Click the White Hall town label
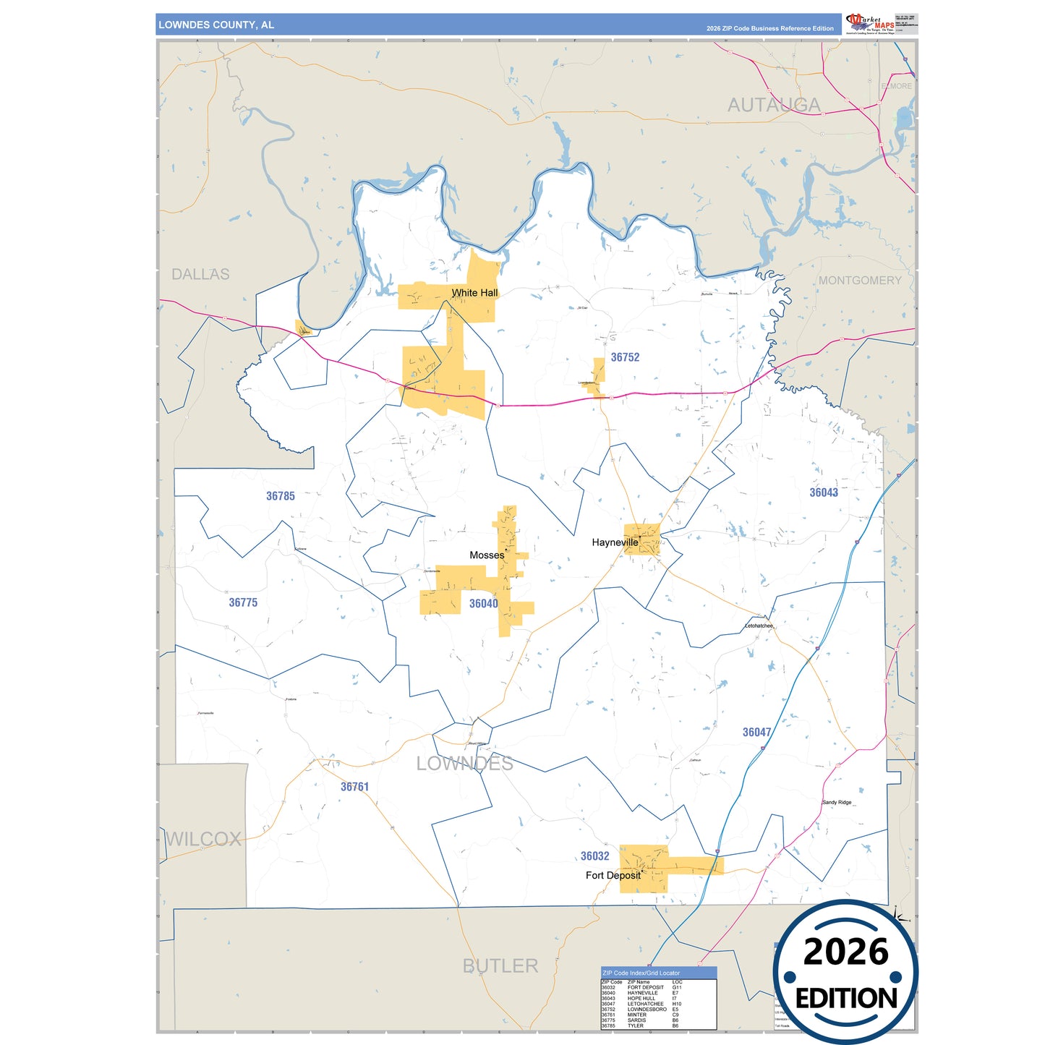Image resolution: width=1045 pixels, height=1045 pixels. [x=474, y=293]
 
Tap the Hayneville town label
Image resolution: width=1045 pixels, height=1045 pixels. [x=615, y=542]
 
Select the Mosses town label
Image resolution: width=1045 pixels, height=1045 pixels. [x=487, y=555]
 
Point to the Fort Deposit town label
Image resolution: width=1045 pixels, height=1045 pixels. [x=613, y=876]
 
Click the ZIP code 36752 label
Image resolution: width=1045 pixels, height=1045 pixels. [x=625, y=357]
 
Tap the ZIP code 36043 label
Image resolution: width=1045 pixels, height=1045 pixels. [x=823, y=492]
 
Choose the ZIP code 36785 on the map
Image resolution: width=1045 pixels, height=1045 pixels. [x=280, y=496]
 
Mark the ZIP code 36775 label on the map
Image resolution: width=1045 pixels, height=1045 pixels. [x=243, y=602]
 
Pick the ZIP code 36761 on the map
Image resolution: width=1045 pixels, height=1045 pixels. [x=354, y=787]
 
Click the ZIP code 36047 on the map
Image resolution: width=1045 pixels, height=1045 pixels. [x=756, y=733]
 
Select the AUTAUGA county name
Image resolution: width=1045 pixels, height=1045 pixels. [x=773, y=106]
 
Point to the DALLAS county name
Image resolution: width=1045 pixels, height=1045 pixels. [x=200, y=275]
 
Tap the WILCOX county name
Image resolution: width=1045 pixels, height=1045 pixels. [x=204, y=840]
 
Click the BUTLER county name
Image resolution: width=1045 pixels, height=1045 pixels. [x=500, y=966]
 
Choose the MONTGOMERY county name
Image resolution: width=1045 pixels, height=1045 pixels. [x=860, y=281]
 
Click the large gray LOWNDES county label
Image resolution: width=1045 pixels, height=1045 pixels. [x=464, y=764]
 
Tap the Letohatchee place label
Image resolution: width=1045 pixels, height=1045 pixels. [x=759, y=626]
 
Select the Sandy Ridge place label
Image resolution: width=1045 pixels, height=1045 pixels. [x=837, y=803]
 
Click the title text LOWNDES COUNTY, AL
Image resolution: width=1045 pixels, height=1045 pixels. [x=216, y=25]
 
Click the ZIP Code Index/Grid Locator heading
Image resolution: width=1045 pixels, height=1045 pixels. [x=641, y=973]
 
